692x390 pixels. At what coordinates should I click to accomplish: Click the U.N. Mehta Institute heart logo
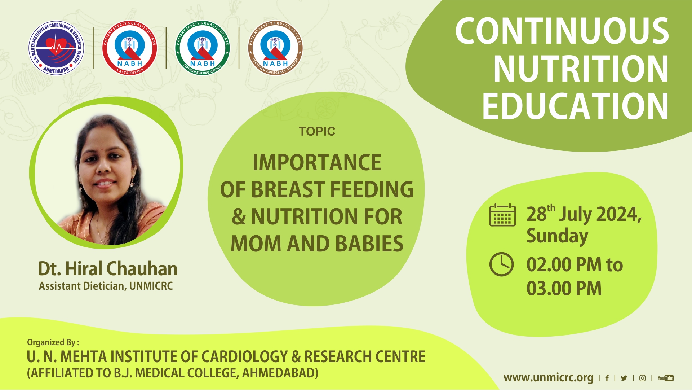point(56,48)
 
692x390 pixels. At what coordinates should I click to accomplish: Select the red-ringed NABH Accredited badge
point(130,48)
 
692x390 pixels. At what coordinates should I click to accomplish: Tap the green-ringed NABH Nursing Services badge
point(202,48)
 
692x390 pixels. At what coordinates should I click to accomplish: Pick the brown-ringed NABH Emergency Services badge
point(275,48)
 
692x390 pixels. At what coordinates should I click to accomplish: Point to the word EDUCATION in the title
point(576,106)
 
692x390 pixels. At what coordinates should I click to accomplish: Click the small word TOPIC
point(317,131)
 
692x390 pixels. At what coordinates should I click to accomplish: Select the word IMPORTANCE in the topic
point(317,163)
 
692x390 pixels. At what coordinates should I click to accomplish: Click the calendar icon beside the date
point(502,215)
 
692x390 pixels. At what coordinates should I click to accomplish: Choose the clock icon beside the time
point(501,264)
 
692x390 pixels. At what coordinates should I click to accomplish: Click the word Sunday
point(557,236)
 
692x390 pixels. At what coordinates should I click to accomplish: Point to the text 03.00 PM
point(564,289)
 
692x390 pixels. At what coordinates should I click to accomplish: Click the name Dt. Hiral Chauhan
point(108,269)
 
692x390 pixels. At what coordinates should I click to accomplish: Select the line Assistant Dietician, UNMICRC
point(106,286)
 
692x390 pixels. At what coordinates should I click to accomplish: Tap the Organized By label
point(53,342)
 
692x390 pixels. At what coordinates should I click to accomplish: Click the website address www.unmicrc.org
point(548,378)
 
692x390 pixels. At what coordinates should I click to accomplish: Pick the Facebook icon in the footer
point(607,378)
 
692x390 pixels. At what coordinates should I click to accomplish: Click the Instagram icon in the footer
point(642,378)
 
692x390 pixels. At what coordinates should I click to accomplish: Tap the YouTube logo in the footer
point(666,378)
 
